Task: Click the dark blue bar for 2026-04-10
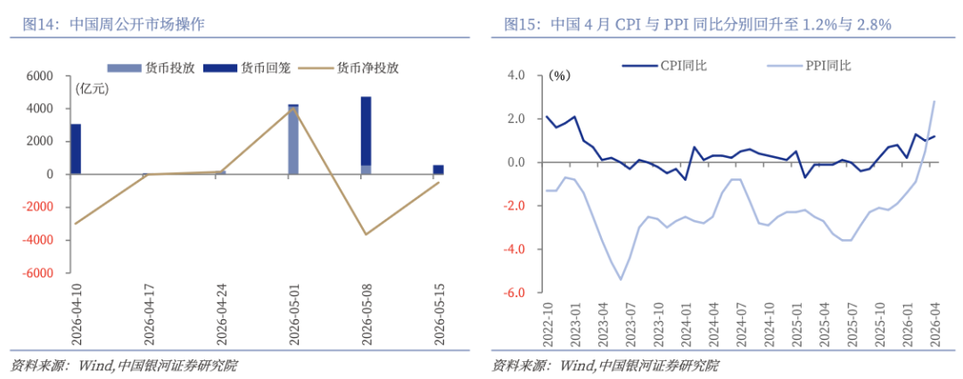76,149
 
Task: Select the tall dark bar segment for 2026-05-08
366,131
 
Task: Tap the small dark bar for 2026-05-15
438,169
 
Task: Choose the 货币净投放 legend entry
350,68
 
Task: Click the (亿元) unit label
92,88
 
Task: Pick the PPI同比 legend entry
810,66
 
